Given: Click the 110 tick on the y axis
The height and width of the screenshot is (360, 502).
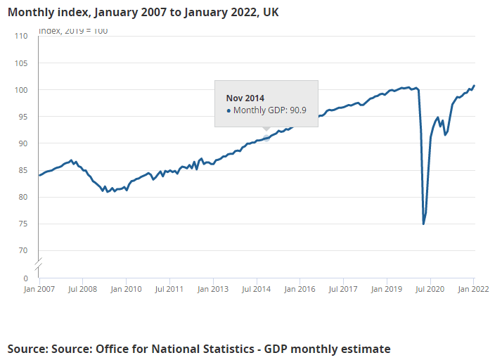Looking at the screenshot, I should (21, 37).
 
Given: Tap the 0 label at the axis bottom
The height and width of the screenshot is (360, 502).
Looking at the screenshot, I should (25, 278).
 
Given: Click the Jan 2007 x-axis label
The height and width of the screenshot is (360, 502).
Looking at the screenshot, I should (39, 288).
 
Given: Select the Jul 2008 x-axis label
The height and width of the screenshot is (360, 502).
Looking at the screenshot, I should (82, 288).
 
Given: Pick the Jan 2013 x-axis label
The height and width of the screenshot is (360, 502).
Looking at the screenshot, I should (212, 288).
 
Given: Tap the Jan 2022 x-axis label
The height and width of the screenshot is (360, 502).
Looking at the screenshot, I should (473, 288).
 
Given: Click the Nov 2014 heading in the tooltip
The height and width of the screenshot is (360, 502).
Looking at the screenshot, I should (245, 98).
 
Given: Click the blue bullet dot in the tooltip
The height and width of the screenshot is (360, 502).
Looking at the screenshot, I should (229, 111).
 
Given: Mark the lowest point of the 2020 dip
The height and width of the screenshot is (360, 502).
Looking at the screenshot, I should (423, 224).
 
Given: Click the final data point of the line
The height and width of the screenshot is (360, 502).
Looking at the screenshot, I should (475, 86).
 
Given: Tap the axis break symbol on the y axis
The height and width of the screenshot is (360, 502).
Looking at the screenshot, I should (39, 264).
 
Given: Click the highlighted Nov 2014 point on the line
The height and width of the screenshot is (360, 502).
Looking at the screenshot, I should (266, 139).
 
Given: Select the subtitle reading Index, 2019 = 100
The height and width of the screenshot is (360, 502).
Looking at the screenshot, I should (73, 31).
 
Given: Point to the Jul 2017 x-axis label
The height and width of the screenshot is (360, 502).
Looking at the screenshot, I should (343, 288).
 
